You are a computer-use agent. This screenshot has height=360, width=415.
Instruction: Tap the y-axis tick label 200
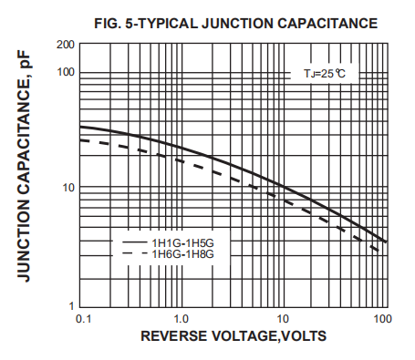point(65,45)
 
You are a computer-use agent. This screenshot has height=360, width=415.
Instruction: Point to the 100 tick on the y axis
point(65,72)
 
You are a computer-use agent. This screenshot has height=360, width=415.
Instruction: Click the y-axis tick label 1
point(70,304)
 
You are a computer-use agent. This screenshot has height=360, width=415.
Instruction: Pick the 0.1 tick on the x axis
point(82,319)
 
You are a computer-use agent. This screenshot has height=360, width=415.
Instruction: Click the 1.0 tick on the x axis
point(181,319)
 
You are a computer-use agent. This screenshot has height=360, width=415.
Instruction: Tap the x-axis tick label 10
point(283,319)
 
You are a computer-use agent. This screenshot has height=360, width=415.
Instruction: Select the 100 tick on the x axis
point(381,319)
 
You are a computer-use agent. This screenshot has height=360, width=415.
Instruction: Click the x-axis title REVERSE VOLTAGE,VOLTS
point(233,336)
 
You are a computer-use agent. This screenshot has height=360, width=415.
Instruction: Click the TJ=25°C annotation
point(326,71)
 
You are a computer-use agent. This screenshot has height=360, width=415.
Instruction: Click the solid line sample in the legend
point(134,242)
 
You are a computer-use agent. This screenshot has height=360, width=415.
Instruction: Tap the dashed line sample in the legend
point(134,254)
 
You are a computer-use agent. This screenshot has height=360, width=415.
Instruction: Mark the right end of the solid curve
point(386,242)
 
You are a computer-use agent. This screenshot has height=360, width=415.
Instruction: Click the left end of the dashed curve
point(81,139)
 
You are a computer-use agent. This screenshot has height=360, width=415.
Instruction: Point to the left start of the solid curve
point(81,127)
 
